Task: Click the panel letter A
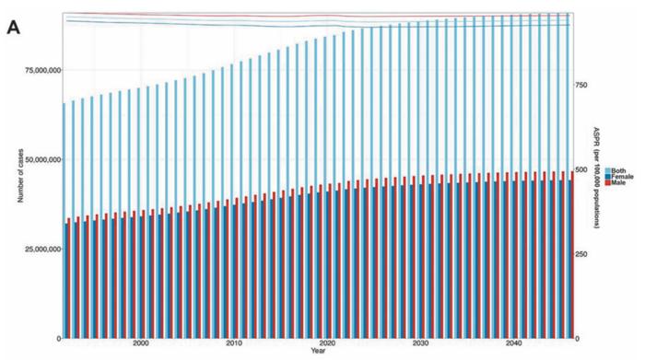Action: click(13, 28)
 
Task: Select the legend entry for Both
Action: click(616, 170)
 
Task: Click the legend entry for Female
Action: click(619, 177)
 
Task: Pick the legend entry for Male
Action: click(615, 182)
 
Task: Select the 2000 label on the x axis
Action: click(141, 343)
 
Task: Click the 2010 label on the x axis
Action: click(234, 343)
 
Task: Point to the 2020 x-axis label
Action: click(327, 343)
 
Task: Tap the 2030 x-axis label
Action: click(420, 343)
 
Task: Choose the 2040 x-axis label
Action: click(514, 343)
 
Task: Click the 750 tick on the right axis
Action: click(581, 85)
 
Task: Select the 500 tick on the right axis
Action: click(581, 169)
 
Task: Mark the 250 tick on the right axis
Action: click(581, 254)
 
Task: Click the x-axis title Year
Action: click(318, 351)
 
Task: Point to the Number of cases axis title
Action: click(20, 176)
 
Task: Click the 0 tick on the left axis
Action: click(59, 339)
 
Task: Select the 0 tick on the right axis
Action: click(578, 339)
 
